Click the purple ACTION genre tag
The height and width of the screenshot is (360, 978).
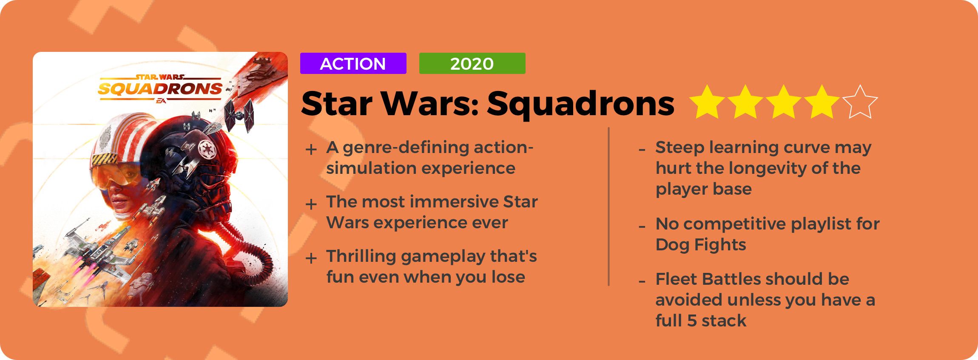(353, 63)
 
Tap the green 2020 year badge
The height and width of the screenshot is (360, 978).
(472, 63)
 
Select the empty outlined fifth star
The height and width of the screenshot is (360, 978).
(860, 102)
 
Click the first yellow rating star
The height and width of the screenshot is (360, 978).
(707, 102)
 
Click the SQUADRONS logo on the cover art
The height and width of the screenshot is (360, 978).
(160, 89)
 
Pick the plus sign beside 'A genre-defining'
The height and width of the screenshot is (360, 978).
(311, 149)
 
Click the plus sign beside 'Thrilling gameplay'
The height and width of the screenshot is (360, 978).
(311, 258)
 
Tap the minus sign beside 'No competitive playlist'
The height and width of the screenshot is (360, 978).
(642, 226)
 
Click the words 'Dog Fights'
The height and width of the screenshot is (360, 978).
(701, 245)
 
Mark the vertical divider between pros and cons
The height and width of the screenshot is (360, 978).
(609, 207)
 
